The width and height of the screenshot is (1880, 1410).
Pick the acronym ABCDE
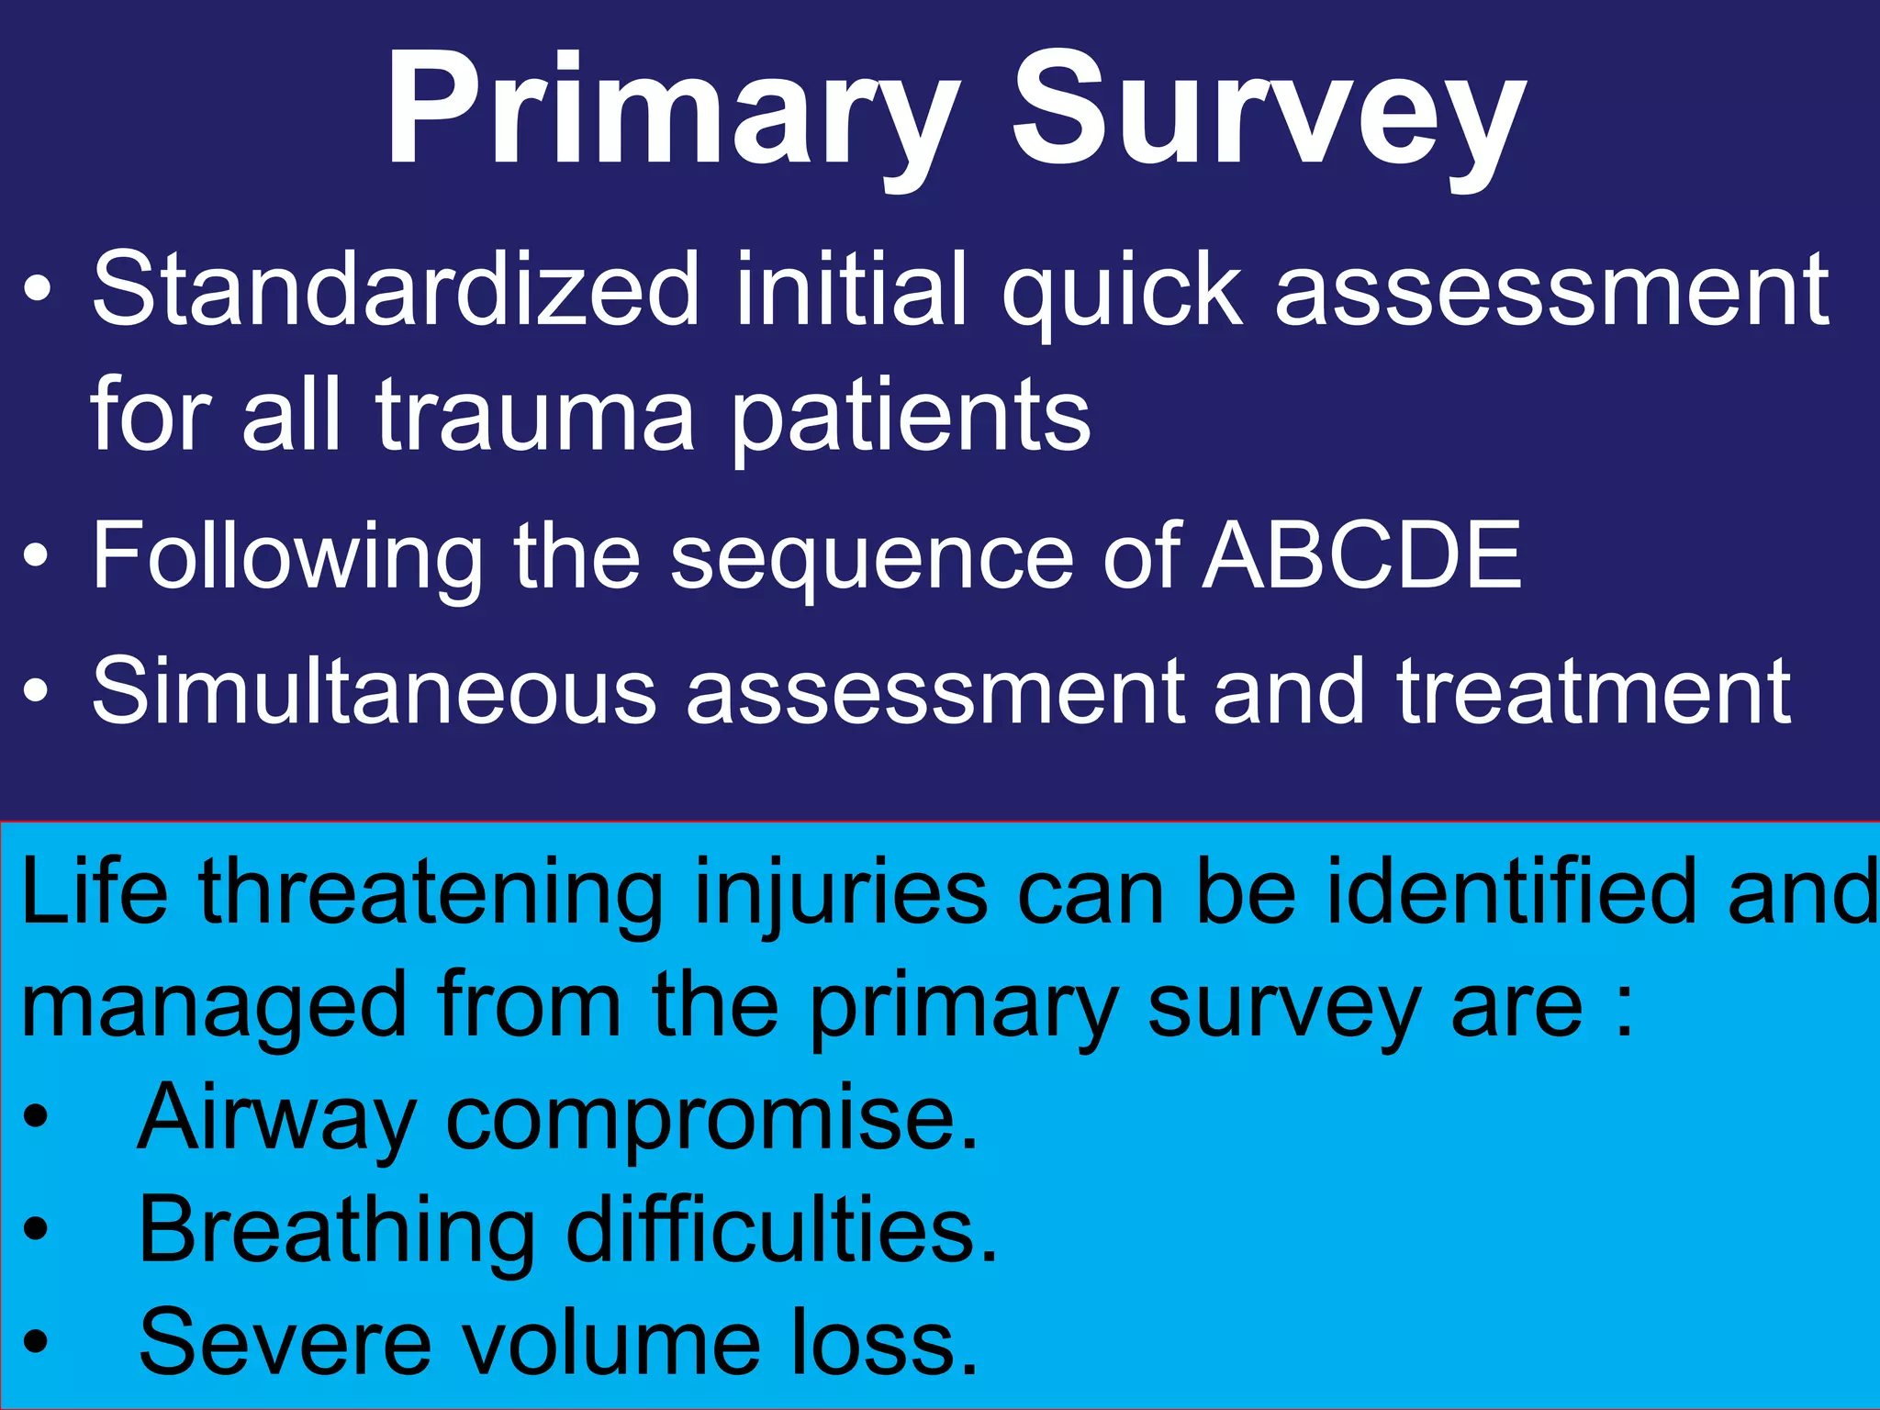pyautogui.click(x=1362, y=555)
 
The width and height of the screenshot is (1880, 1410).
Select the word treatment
pyautogui.click(x=1593, y=690)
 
